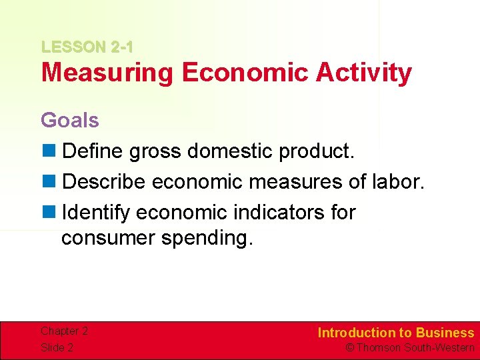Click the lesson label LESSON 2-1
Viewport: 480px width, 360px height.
(x=87, y=47)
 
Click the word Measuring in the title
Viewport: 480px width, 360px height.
(x=107, y=73)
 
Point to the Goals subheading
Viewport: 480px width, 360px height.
(x=69, y=121)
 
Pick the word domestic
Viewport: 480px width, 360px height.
(x=230, y=151)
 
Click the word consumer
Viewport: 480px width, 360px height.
(x=107, y=238)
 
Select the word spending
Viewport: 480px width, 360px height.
(x=207, y=239)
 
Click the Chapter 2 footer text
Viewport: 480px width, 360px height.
(x=64, y=331)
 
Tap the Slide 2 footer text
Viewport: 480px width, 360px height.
(x=57, y=347)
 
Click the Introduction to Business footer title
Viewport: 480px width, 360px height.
(x=395, y=333)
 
